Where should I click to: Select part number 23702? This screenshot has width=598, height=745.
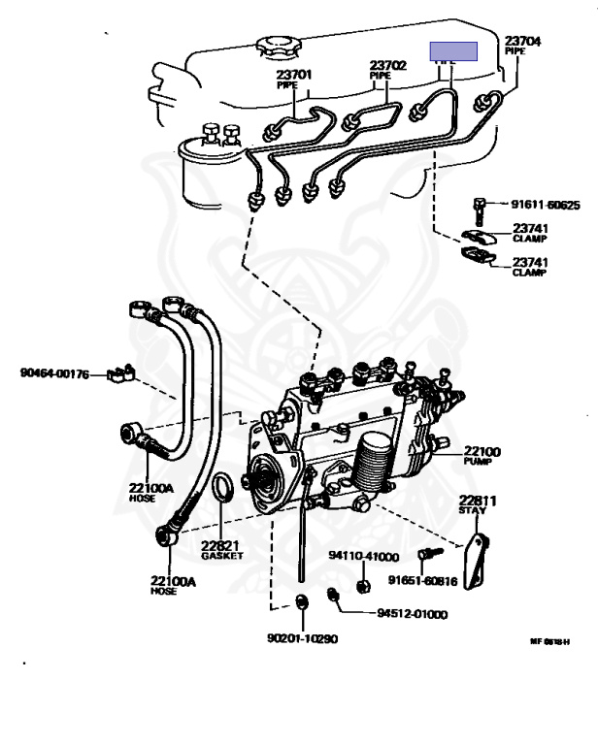[387, 66]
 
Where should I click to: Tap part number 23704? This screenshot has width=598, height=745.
[522, 41]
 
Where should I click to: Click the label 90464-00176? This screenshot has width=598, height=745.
[54, 372]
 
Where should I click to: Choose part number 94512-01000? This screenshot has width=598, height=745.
[413, 614]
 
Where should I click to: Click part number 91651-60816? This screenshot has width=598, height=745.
[422, 581]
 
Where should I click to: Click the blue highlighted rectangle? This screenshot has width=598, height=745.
[454, 51]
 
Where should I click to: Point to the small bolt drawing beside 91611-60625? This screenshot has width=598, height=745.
[480, 207]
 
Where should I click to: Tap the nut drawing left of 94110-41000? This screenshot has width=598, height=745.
[361, 585]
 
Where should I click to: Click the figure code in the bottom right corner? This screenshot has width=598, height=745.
[549, 641]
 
